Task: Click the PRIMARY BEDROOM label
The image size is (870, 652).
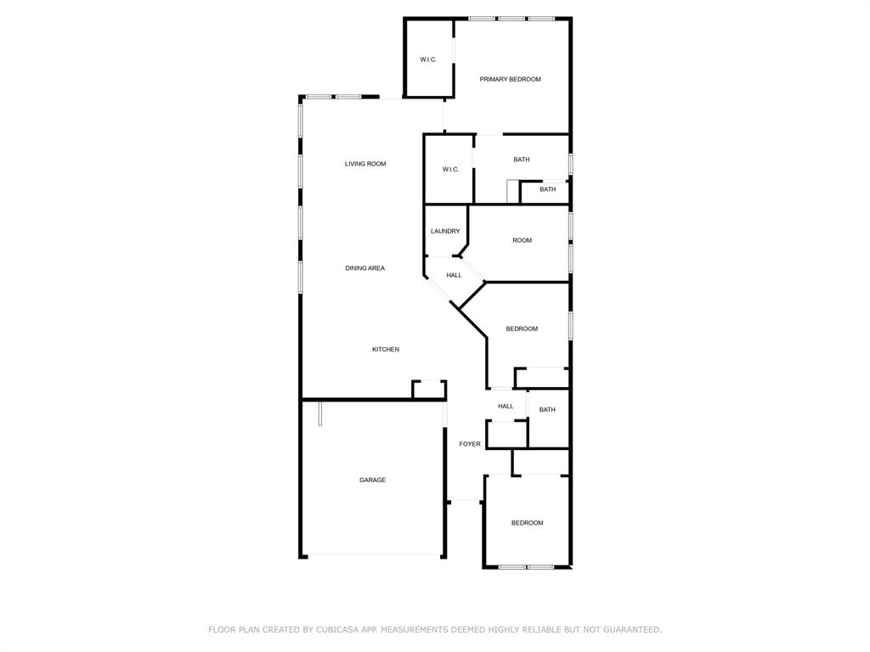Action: point(510,79)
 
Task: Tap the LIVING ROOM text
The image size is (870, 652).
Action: point(365,164)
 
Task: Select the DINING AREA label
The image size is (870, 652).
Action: point(365,268)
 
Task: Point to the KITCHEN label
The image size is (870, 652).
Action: point(386,349)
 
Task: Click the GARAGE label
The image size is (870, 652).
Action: point(372,481)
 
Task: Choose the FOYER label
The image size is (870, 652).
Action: point(470,444)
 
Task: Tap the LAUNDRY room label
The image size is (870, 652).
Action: point(445,231)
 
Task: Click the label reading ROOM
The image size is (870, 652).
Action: point(523,240)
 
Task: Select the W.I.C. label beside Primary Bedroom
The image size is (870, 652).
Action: point(428,59)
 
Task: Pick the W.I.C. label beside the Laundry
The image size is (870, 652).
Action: point(450,169)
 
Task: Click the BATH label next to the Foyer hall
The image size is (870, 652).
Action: point(547,410)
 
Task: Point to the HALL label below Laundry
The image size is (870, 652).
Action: point(454,275)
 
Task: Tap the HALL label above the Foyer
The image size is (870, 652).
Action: point(506,407)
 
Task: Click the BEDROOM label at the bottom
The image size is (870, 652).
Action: point(527,523)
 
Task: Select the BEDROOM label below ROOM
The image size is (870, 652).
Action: point(522,329)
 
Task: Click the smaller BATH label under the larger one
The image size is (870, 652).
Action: point(548,189)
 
